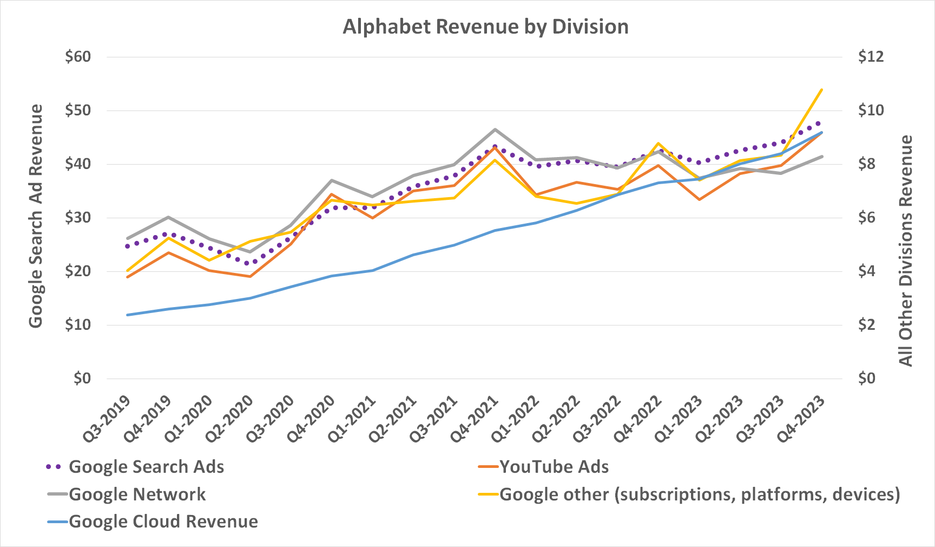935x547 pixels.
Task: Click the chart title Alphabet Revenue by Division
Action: tap(485, 27)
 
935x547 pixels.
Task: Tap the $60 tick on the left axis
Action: tap(78, 57)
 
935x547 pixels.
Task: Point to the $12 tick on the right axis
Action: tap(871, 57)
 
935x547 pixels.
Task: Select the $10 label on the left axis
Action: tap(78, 325)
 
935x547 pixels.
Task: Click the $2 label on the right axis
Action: tap(871, 325)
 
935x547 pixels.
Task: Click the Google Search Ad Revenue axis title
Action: tap(36, 217)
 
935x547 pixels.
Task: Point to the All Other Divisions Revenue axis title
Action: tap(905, 251)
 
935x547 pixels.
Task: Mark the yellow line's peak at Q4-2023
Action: tap(822, 89)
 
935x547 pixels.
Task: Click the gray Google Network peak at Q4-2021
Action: tap(495, 129)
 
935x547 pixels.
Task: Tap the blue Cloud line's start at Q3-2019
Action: tap(128, 315)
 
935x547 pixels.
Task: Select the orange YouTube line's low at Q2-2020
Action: tap(250, 277)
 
